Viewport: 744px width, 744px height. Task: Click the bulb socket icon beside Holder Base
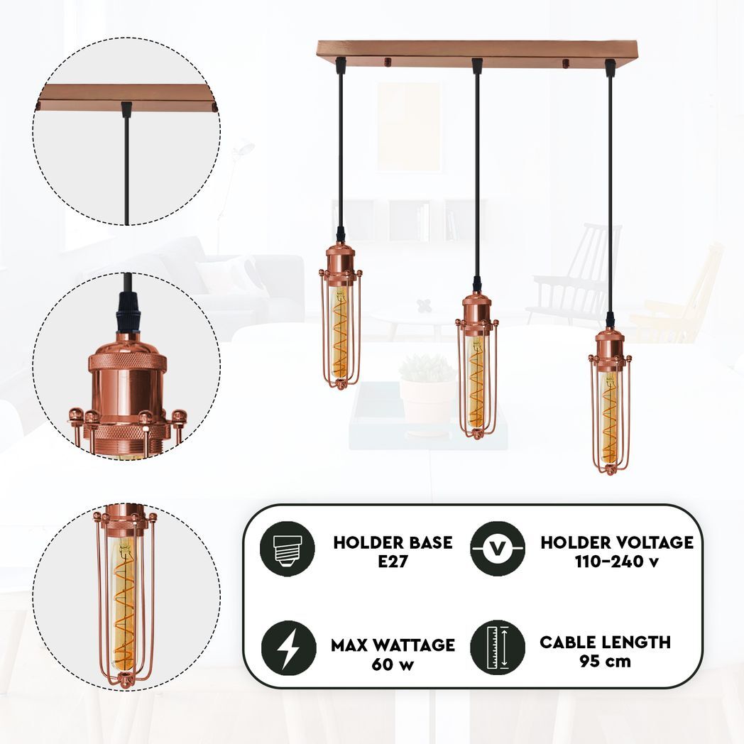[x=287, y=548]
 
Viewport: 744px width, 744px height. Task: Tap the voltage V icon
[x=498, y=548]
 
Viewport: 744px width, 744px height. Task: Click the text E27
[x=393, y=561]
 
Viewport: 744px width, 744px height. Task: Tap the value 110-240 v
[x=617, y=561]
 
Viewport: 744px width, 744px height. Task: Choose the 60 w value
[x=393, y=664]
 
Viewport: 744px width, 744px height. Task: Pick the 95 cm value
[x=606, y=660]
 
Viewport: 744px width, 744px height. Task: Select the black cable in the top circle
[x=126, y=170]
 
